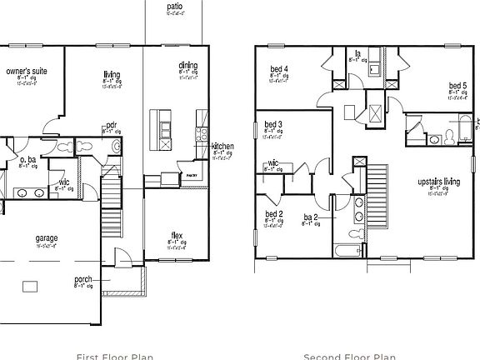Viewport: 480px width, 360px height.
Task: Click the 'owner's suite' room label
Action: click(27, 72)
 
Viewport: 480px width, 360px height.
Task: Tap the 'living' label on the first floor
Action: click(112, 72)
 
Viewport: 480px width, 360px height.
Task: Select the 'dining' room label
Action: click(187, 65)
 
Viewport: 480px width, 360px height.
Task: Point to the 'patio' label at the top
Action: click(174, 6)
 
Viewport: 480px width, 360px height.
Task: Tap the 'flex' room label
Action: click(177, 235)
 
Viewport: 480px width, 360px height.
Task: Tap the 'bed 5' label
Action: click(457, 85)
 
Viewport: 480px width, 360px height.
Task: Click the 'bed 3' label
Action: click(273, 124)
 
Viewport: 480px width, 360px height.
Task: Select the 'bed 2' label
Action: click(274, 213)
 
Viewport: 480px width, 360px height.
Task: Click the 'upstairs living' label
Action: click(438, 182)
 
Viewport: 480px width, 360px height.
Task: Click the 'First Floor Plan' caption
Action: click(114, 356)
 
